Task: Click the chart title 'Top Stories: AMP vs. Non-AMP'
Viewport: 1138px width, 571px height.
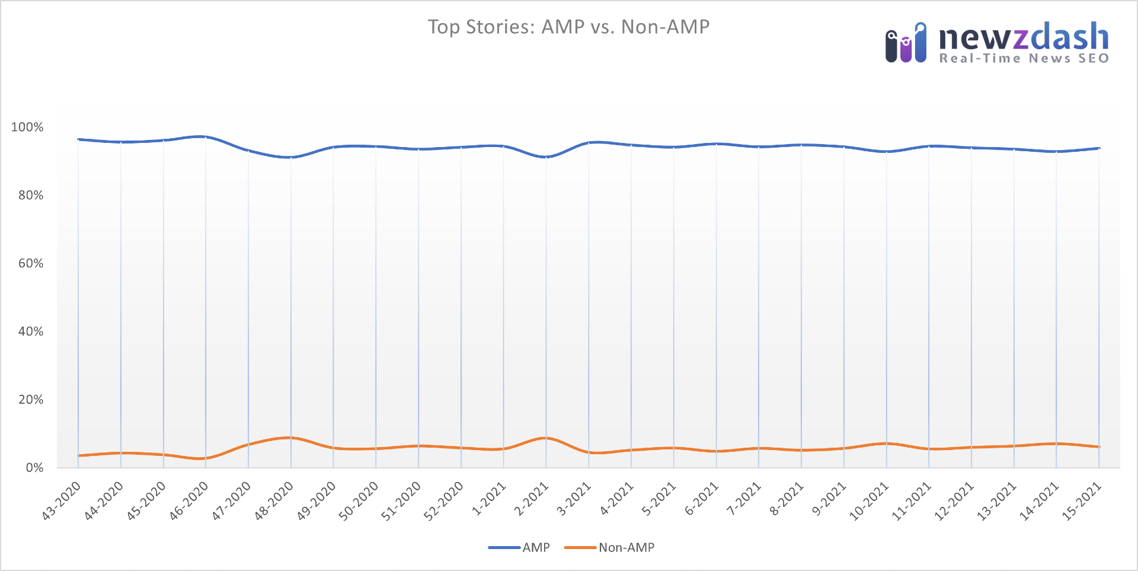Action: [568, 27]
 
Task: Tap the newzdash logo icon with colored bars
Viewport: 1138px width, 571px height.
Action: [905, 44]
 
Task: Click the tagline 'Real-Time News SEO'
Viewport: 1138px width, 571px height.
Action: [1024, 58]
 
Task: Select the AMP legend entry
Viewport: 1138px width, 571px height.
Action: [520, 547]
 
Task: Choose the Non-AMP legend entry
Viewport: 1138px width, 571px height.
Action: [610, 547]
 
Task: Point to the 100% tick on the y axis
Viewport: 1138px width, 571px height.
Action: [27, 127]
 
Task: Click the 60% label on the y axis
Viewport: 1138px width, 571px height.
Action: [31, 263]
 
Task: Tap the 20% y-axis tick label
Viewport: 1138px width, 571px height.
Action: [31, 400]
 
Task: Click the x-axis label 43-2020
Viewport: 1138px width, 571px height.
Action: [62, 501]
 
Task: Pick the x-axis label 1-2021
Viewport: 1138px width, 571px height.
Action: [489, 499]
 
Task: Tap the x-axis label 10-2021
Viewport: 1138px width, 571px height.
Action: [870, 501]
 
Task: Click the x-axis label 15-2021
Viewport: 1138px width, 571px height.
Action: [1082, 501]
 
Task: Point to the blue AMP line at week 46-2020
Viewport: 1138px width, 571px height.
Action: [206, 137]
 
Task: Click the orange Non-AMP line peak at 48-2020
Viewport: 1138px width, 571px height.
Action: [290, 438]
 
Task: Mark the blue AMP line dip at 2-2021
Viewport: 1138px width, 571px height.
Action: [546, 157]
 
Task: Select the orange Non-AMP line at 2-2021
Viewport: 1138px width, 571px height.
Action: [546, 438]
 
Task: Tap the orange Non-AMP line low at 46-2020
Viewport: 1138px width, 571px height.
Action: [206, 458]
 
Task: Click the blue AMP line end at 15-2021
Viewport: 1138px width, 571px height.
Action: [1099, 148]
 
